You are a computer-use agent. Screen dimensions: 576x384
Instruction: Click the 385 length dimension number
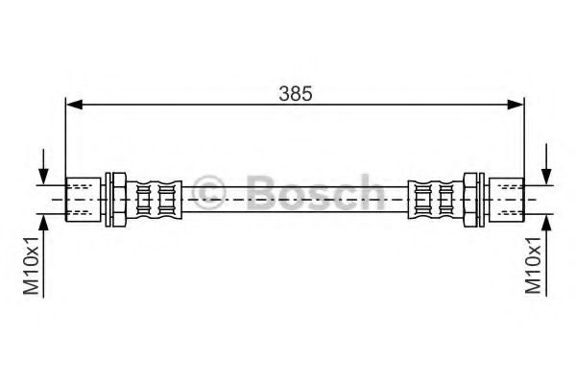click(296, 93)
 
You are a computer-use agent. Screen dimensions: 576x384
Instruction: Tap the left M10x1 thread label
click(31, 265)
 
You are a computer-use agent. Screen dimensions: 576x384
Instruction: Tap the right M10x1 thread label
click(533, 265)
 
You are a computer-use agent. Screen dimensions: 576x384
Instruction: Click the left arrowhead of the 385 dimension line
click(74, 105)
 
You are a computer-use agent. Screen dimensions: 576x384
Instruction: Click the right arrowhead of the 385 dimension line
click(516, 105)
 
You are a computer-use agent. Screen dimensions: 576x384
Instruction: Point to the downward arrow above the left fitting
click(44, 166)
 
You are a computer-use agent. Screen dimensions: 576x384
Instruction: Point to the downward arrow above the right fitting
click(546, 164)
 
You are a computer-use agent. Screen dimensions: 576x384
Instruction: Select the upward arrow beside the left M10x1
click(44, 255)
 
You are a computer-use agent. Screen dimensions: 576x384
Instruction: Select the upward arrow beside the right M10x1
click(546, 255)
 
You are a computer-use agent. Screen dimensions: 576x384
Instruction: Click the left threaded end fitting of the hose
click(83, 200)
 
